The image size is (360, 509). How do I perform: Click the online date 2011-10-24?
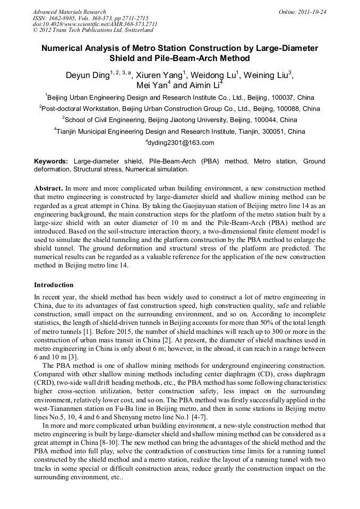(x=311, y=12)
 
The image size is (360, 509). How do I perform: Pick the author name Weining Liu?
(x=267, y=75)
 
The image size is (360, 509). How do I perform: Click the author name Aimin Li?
(x=204, y=85)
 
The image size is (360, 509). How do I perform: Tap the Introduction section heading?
(x=54, y=285)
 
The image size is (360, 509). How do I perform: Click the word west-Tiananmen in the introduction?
(x=58, y=409)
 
